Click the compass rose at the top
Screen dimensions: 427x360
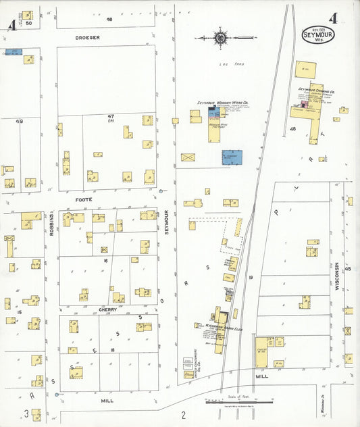pos(221,37)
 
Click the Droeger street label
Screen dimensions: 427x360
pos(88,38)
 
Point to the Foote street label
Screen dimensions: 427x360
pos(84,200)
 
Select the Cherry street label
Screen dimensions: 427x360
pos(108,309)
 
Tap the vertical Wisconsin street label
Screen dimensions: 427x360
pos(336,276)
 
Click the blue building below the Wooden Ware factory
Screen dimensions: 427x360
pos(232,157)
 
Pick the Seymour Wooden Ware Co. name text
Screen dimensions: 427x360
pos(223,103)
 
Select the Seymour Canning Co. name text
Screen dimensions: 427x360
pos(317,89)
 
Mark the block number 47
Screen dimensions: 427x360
pos(111,116)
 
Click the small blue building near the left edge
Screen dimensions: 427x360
pos(14,51)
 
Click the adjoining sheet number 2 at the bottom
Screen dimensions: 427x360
pos(183,414)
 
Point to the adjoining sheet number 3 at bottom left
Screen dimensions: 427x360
pos(27,412)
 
